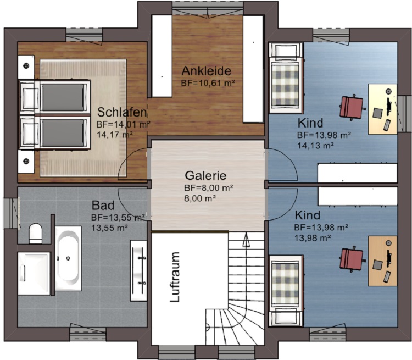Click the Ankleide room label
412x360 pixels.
point(206,71)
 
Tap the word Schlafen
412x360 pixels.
point(121,112)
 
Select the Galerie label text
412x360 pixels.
point(205,176)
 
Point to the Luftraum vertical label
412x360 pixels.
point(175,277)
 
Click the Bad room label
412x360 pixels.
point(103,206)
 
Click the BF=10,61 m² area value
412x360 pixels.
point(208,83)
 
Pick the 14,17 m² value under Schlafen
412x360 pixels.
point(115,135)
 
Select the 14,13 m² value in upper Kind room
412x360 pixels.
point(315,146)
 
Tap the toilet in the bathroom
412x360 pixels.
point(36,234)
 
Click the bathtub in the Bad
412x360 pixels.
point(68,258)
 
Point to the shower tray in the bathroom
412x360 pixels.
point(34,273)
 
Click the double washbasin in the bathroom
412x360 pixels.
point(138,270)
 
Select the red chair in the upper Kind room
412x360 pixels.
point(352,107)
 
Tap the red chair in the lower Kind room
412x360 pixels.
point(352,259)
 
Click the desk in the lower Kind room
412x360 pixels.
point(382,261)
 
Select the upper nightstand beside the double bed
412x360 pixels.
point(26,67)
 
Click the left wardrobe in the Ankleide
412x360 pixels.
point(162,56)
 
